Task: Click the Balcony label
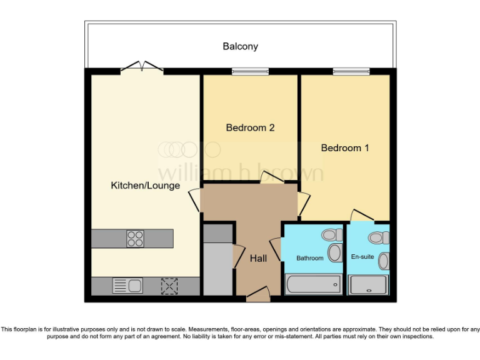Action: (240, 46)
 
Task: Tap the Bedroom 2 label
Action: (250, 127)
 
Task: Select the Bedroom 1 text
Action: (345, 148)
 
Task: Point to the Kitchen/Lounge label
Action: (145, 186)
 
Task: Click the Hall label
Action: (259, 258)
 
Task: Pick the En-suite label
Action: (362, 256)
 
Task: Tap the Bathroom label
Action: (310, 258)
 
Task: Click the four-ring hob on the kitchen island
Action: (135, 238)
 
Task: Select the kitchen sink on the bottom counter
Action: (127, 286)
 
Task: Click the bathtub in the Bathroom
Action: (313, 284)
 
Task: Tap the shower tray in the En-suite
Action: (369, 285)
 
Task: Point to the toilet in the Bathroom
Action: (331, 235)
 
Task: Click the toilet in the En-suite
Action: (377, 237)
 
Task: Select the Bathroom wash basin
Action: (335, 253)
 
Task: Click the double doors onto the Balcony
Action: (143, 67)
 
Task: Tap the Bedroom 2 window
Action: (251, 71)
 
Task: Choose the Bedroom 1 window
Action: (351, 71)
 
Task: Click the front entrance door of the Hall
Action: (257, 294)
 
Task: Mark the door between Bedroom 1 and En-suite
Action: (362, 216)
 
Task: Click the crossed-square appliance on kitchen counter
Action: (169, 286)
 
